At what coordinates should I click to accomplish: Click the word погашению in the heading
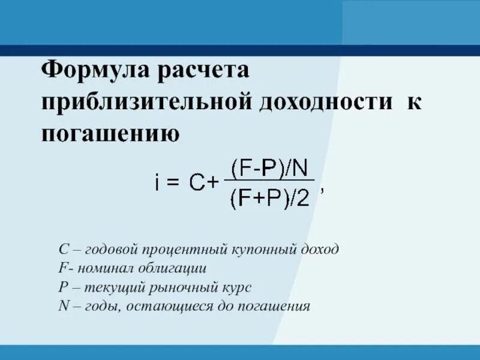coord(110,133)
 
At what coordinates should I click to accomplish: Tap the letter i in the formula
coord(156,182)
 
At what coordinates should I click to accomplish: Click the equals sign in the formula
coord(173,183)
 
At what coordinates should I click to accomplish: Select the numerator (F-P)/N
coord(269,166)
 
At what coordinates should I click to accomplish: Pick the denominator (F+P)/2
coord(269,199)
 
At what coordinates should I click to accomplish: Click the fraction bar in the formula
coord(269,180)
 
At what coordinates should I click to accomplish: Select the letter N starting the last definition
coord(64,306)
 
